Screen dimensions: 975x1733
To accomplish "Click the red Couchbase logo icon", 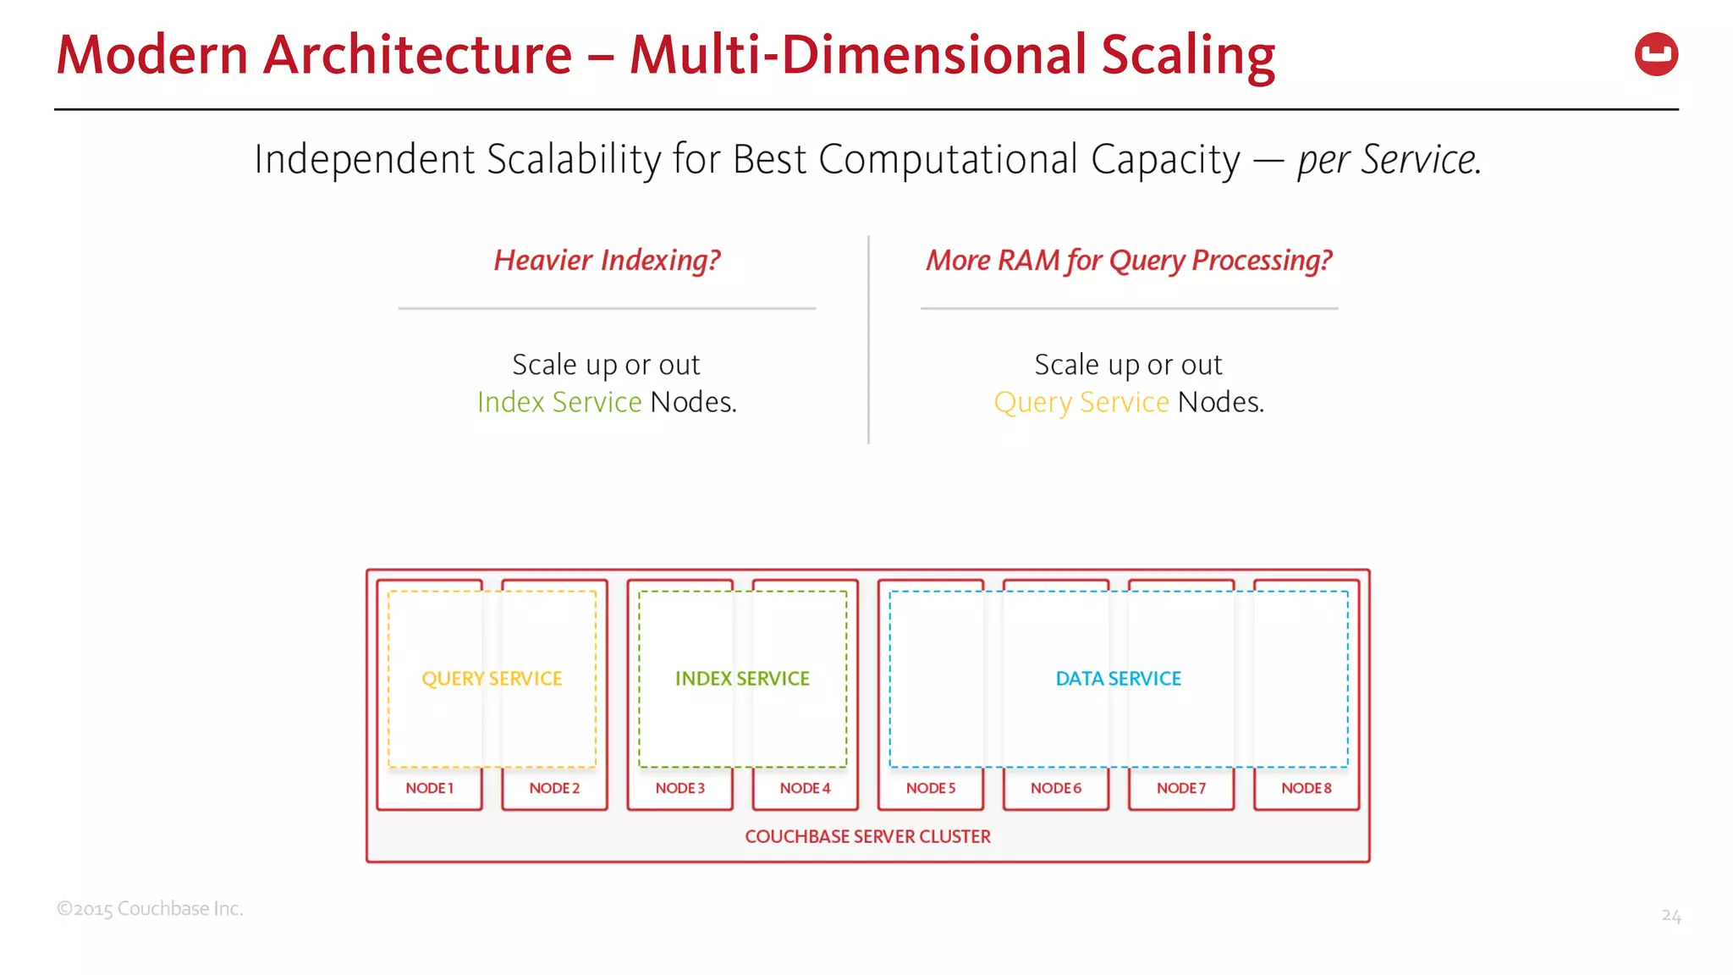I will (1656, 54).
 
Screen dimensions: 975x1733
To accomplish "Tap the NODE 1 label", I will (429, 788).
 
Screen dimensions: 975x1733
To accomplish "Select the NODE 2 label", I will (554, 788).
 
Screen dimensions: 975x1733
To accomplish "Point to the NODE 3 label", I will (679, 788).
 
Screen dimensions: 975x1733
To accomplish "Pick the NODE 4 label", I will (805, 788).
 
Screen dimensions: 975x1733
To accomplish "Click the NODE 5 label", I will (930, 788).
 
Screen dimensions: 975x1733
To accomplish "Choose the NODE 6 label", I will (1055, 788).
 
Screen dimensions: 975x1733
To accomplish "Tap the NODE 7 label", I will (1180, 788).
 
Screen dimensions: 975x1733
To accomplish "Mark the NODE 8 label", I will (1306, 788).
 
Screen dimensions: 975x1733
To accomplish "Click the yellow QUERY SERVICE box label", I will (492, 679).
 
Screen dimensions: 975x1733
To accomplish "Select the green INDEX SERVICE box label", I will (742, 679).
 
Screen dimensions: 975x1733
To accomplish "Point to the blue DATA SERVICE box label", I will (1118, 679).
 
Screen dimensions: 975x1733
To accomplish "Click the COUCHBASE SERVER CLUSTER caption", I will (867, 836).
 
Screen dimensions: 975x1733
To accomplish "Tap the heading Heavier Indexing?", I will (607, 261).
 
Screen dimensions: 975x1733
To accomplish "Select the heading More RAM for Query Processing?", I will (1129, 261).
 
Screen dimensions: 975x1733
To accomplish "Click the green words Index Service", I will (559, 402).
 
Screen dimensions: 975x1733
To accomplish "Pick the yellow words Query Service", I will (1081, 403).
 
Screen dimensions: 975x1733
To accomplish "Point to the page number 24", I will (1670, 916).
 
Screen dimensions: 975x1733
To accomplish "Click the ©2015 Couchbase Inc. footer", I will (150, 909).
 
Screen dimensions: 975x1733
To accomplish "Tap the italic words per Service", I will (1389, 159).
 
